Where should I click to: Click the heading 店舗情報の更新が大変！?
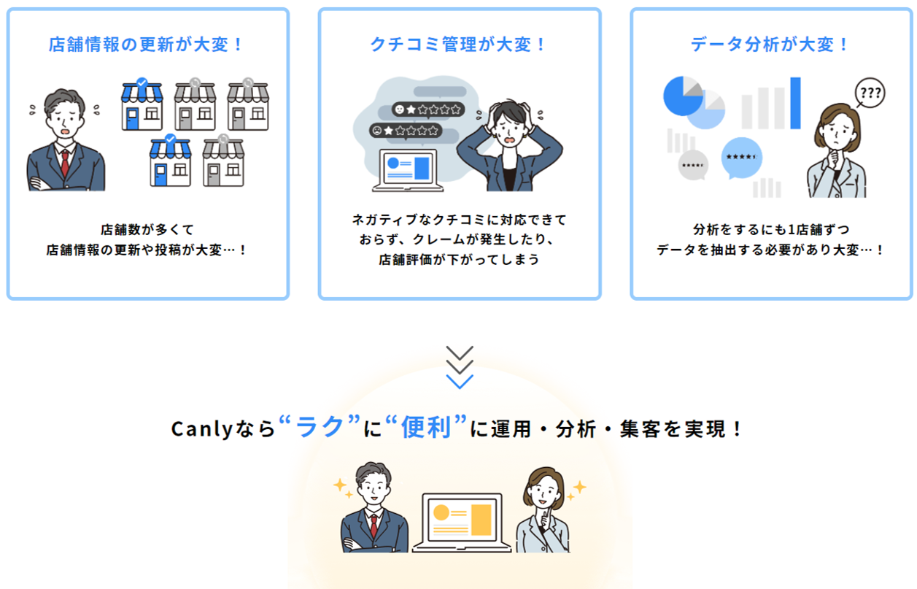pos(147,45)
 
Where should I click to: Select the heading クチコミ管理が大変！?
pos(459,45)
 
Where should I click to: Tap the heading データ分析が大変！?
pos(771,45)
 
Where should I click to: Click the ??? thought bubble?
pos(869,93)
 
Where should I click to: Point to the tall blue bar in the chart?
pos(794,103)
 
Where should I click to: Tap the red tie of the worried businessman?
pos(65,162)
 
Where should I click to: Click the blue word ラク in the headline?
pos(320,428)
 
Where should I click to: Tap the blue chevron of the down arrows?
pos(460,381)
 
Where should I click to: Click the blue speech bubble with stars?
pos(742,158)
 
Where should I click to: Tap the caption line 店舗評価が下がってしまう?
pos(459,259)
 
